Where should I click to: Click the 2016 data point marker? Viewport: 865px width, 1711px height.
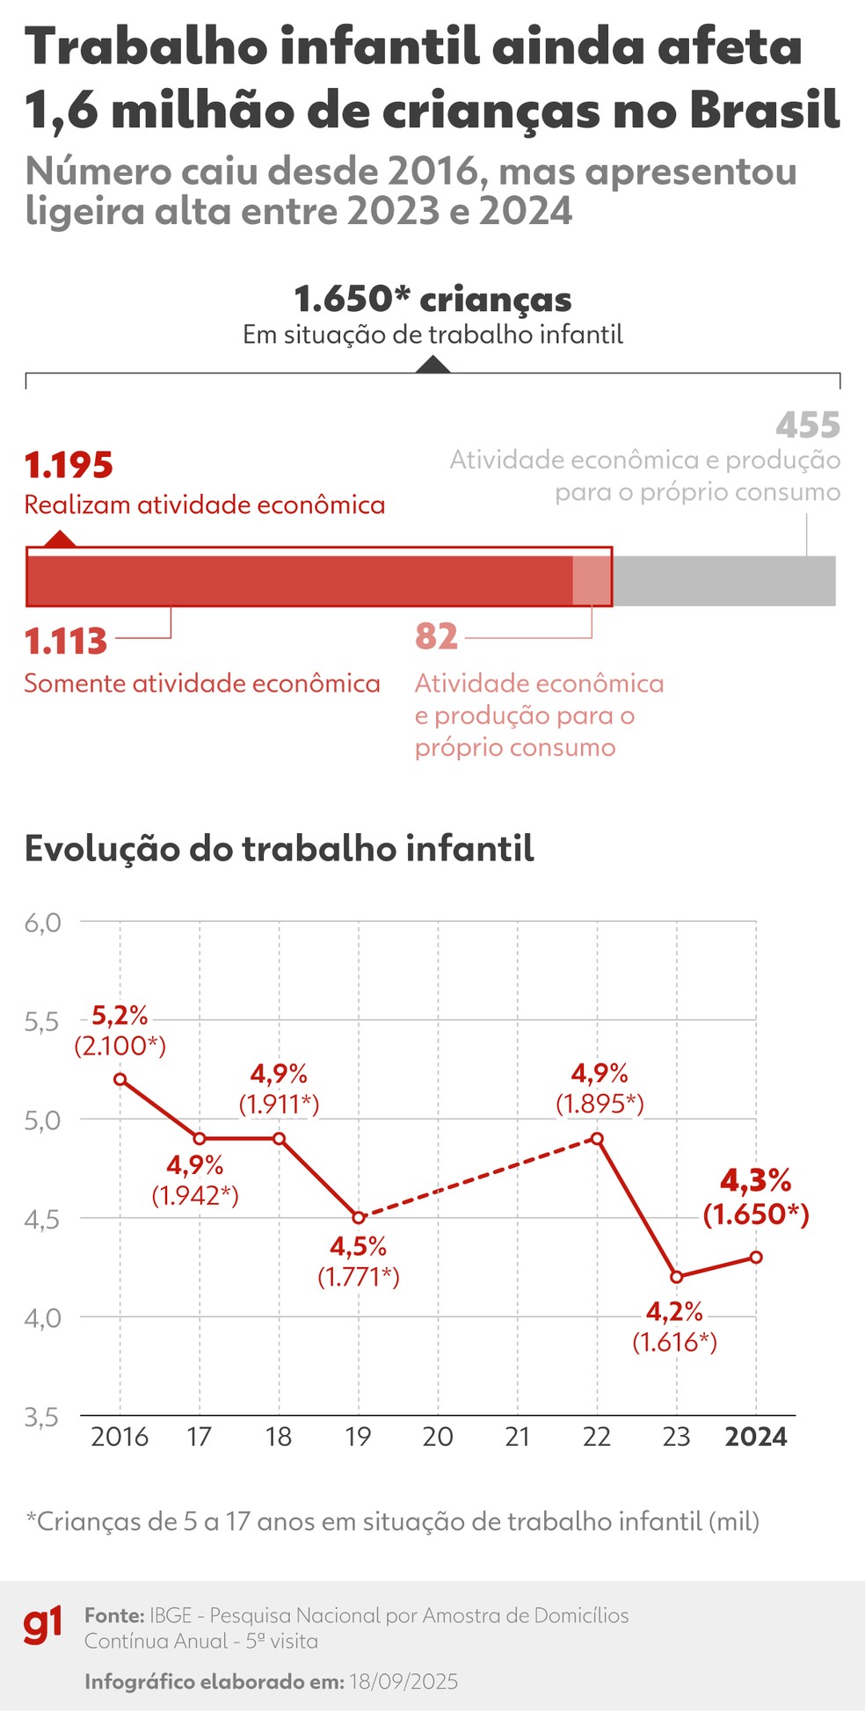120,1079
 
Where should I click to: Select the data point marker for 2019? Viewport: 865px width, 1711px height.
359,1217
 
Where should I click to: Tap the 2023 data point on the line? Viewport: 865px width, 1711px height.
676,1277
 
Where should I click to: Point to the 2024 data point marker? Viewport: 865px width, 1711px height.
756,1258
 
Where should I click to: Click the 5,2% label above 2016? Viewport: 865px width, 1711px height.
120,1016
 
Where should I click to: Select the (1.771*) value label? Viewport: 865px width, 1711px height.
359,1276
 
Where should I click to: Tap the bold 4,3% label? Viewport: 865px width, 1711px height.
756,1179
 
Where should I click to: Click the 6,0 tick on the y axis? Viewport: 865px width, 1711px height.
43,923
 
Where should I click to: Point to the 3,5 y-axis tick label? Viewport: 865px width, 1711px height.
43,1417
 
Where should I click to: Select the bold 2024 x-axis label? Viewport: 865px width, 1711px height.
756,1437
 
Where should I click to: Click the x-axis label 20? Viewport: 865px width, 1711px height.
438,1437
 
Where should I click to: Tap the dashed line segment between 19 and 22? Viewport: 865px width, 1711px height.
477,1178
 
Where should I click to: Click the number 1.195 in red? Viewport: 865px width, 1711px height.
69,466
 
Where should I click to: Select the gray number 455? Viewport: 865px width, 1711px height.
808,425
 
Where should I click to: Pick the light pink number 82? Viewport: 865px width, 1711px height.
437,636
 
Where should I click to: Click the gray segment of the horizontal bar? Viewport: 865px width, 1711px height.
723,581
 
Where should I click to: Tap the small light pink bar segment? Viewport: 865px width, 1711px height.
591,581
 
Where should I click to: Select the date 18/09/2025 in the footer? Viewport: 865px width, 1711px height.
403,1681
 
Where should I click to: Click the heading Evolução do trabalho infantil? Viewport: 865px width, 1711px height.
279,849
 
